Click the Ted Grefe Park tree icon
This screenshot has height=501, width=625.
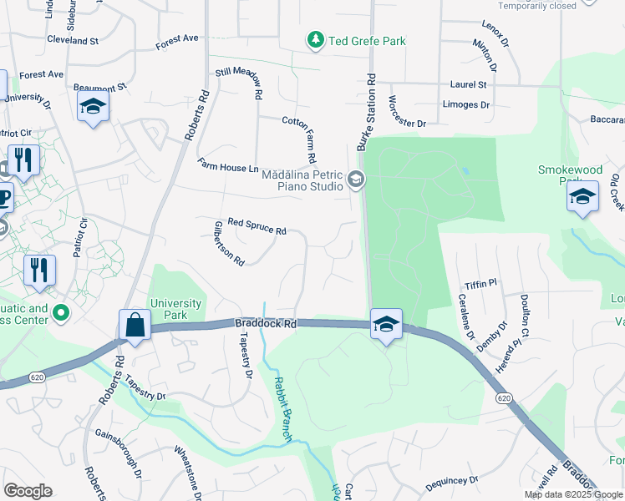(315, 40)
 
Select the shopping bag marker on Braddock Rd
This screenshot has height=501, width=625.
(135, 326)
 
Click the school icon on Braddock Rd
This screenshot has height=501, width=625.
(385, 324)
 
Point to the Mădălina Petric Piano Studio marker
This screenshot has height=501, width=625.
(356, 180)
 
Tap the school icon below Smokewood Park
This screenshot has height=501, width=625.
(582, 197)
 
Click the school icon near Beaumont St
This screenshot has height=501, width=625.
(93, 107)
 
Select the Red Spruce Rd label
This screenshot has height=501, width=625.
(257, 226)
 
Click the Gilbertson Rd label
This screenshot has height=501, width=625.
(228, 243)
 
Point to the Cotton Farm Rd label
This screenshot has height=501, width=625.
(299, 139)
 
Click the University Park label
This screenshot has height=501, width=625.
(176, 309)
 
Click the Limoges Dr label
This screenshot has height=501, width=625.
(466, 104)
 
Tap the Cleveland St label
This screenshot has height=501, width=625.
(73, 39)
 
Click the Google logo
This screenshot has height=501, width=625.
(28, 490)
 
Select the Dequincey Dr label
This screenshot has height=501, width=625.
(451, 482)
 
